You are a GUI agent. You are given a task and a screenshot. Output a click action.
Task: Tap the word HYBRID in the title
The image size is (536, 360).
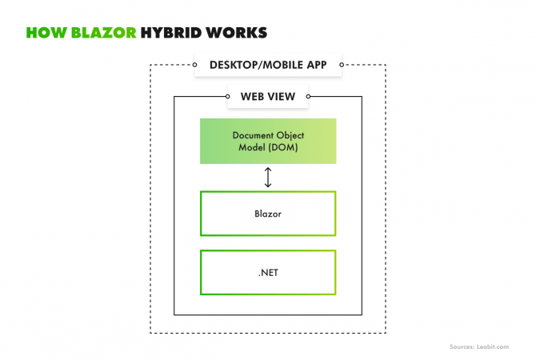(x=172, y=33)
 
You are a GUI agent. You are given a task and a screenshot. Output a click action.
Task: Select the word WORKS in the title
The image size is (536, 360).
(x=237, y=33)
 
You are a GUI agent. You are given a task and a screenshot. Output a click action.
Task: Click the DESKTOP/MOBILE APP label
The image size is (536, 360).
(x=268, y=65)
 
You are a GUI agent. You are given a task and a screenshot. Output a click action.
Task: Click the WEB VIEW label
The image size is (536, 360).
(x=268, y=97)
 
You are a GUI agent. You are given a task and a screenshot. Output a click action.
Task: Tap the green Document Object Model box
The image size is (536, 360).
(x=268, y=141)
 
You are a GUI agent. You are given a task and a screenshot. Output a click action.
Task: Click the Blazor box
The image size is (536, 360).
(x=268, y=214)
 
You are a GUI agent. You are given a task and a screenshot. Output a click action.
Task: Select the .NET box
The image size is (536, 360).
(x=268, y=272)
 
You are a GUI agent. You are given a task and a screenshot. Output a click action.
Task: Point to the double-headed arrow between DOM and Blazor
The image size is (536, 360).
(x=268, y=178)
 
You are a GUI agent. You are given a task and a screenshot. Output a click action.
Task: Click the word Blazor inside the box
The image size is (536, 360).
(x=268, y=214)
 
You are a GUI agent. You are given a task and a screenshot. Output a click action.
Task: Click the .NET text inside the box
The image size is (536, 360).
(x=268, y=272)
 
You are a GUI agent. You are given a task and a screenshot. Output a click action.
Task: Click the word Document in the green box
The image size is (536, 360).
(x=252, y=135)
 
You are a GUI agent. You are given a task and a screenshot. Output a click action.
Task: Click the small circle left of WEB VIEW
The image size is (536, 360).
(x=227, y=97)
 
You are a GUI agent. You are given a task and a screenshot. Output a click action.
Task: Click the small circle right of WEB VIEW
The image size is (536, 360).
(x=309, y=97)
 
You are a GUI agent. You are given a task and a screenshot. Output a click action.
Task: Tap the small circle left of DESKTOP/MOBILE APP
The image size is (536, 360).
(x=194, y=65)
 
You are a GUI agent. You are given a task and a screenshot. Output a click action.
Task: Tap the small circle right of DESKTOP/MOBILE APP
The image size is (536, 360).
(x=342, y=65)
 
